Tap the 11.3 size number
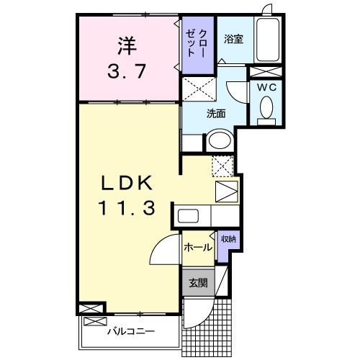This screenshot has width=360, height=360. pyautogui.click(x=126, y=209)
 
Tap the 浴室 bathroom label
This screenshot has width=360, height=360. pyautogui.click(x=233, y=39)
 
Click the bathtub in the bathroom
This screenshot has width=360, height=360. pyautogui.click(x=269, y=40)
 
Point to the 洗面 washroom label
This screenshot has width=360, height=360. pyautogui.click(x=216, y=113)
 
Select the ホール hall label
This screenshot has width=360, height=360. pyautogui.click(x=197, y=247)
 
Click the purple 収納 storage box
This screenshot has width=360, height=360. pyautogui.click(x=227, y=244)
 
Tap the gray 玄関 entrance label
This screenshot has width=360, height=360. pyautogui.click(x=197, y=282)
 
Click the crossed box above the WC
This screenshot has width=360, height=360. pyautogui.click(x=264, y=71)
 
